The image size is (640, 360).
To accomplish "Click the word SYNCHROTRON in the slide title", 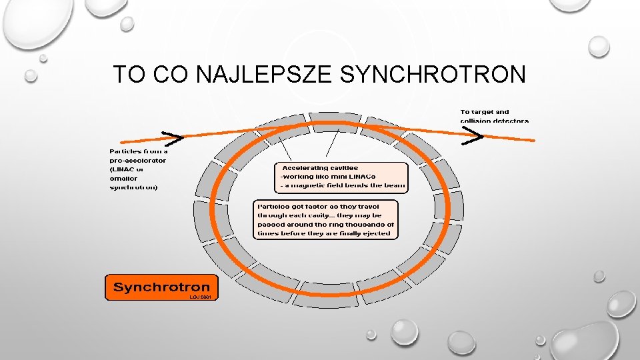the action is (433, 75).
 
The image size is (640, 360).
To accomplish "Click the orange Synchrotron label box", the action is (161, 287).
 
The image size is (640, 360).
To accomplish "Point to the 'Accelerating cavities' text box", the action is (340, 177).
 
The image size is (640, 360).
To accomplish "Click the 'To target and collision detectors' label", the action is (494, 116).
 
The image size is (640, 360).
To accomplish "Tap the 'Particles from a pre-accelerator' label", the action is (138, 169).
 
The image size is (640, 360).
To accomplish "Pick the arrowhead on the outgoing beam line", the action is (474, 137).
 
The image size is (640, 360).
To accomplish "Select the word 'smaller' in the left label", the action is (123, 179).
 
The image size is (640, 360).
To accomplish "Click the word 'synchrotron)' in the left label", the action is (133, 188).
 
